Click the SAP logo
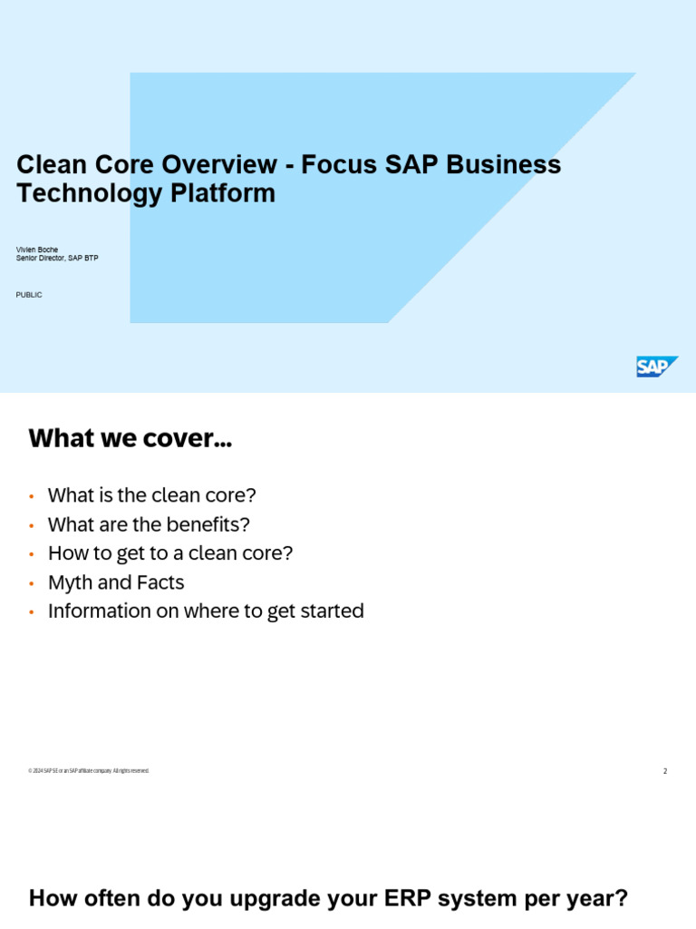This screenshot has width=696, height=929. (x=657, y=367)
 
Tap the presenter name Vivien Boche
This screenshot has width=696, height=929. (x=37, y=249)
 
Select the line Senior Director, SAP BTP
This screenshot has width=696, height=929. (x=57, y=259)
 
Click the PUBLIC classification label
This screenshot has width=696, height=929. (x=29, y=295)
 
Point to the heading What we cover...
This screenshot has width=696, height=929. (x=130, y=440)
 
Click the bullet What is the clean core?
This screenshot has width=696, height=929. (x=152, y=495)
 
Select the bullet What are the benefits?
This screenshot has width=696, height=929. (x=149, y=524)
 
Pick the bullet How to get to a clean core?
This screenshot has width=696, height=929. (x=170, y=553)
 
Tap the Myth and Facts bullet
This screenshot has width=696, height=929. (x=116, y=582)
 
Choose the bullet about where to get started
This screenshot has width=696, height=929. (x=206, y=611)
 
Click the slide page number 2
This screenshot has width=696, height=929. (x=665, y=771)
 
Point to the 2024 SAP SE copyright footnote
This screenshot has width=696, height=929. (x=89, y=771)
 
